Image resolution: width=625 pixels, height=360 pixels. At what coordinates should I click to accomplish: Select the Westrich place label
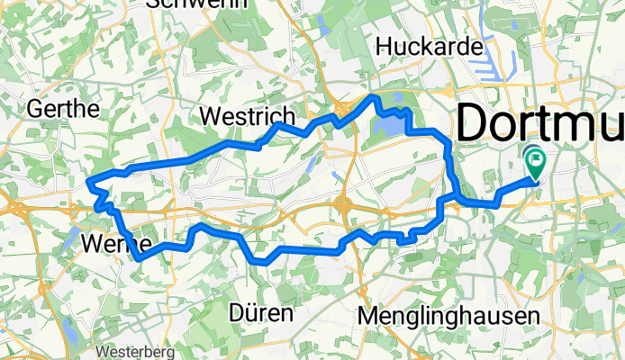(x=246, y=117)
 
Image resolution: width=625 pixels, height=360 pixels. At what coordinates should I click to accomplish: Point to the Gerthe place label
(x=63, y=109)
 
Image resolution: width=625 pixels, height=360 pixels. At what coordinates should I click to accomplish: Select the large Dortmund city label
(x=540, y=122)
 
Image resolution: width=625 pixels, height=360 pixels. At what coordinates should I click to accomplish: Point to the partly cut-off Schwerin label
(x=190, y=4)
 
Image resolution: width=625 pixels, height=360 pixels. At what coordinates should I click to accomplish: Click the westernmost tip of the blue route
(x=88, y=184)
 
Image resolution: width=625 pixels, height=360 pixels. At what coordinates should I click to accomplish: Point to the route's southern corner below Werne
(x=138, y=259)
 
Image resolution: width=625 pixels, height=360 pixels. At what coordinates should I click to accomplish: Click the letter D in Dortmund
(x=474, y=122)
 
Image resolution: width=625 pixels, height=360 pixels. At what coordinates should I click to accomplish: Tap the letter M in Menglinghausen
(x=367, y=316)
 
